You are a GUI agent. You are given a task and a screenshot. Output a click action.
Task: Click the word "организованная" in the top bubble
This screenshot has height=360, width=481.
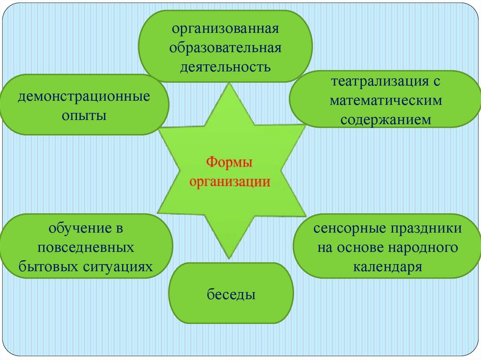pos(225,30)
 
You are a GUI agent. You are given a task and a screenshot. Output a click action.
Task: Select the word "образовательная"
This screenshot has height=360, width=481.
pos(225,48)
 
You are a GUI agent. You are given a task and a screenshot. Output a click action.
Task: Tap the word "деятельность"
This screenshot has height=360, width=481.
pos(225,66)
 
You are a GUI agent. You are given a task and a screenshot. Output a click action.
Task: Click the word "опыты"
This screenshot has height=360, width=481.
pos(85,115)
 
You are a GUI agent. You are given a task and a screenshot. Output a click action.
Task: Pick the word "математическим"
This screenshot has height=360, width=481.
pos(386,100)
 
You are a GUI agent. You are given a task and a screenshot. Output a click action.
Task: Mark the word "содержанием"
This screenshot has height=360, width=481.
pos(386,119)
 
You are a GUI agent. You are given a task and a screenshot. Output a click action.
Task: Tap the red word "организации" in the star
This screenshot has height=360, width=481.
pos(230,182)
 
